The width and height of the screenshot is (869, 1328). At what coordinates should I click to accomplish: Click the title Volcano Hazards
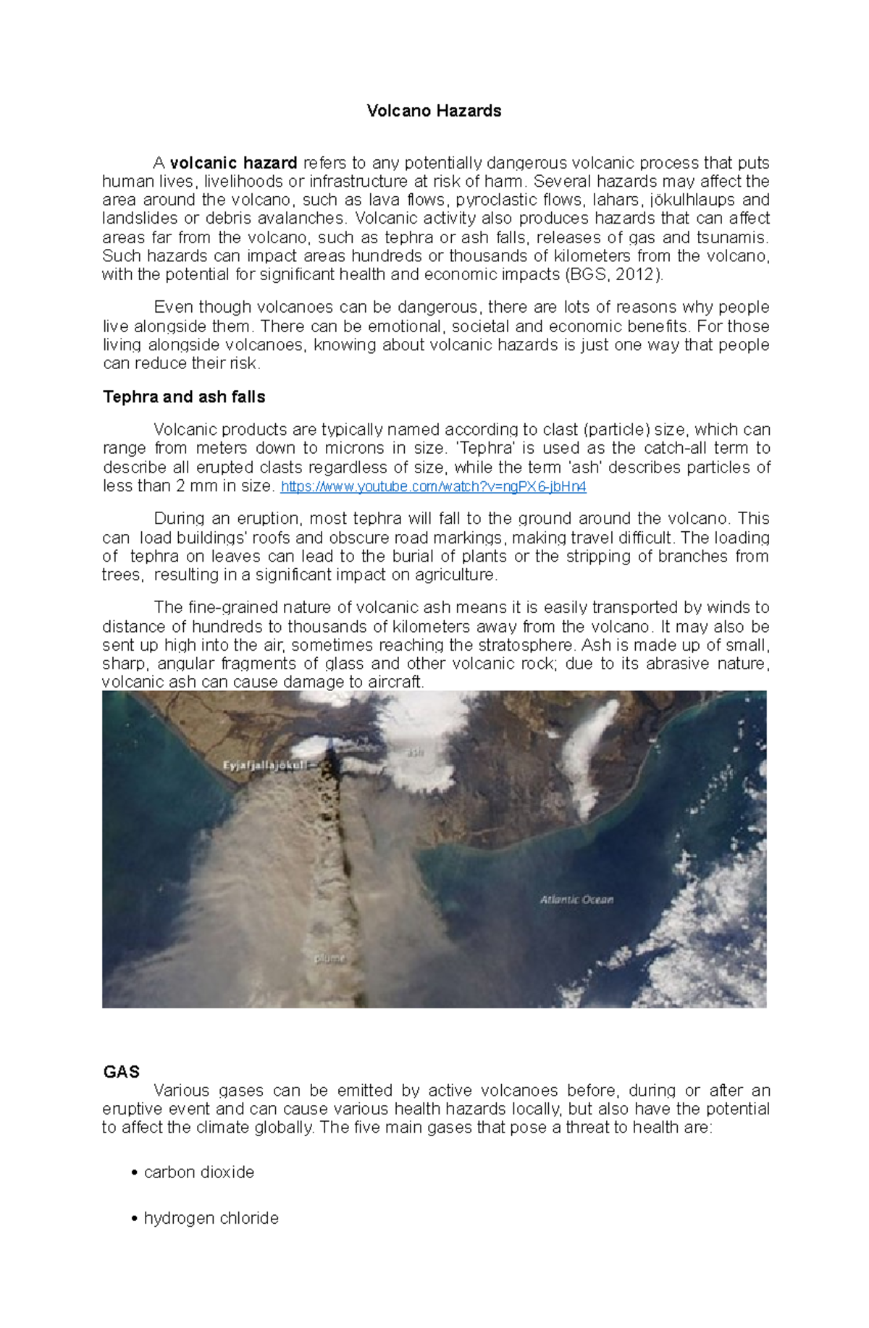coord(434,111)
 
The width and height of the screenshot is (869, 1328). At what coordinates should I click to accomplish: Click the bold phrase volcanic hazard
coord(233,163)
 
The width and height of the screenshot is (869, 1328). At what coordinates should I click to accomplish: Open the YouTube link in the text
coord(433,486)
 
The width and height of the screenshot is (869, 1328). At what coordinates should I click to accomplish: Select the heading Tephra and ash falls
coord(184,397)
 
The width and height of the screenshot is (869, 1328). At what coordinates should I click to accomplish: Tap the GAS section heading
coord(121,1071)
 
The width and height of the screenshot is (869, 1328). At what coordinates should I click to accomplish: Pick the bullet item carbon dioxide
coord(199,1172)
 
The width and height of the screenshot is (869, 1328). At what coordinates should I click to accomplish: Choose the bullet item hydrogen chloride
coord(211,1218)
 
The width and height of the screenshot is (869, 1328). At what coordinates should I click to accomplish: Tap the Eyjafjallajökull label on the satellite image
coord(265,765)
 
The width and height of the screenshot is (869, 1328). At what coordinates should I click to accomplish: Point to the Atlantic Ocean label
coord(576,900)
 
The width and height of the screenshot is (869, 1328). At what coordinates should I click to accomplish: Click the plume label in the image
coord(330,958)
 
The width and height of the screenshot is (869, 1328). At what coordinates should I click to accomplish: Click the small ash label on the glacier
coord(415,753)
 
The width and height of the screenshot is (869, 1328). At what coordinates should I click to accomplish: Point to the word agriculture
coord(455,575)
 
